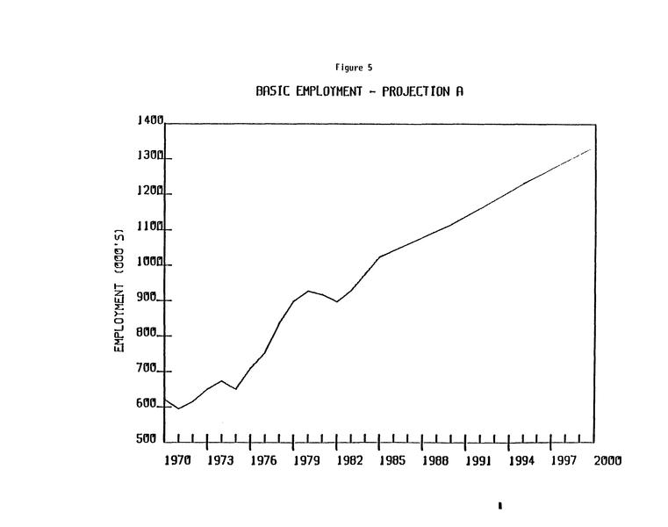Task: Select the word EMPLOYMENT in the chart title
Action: tap(329, 91)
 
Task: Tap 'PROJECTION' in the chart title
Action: tap(416, 91)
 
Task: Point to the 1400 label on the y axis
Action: tap(150, 121)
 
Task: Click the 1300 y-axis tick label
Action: tap(150, 156)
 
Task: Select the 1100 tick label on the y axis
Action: tap(150, 227)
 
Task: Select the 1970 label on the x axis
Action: tap(179, 460)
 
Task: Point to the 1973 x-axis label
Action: tap(222, 460)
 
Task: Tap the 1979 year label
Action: tap(307, 460)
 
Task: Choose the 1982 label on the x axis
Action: tap(350, 460)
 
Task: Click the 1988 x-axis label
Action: tap(436, 460)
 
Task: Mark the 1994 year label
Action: tap(522, 460)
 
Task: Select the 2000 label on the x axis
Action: tap(607, 460)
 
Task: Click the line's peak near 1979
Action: tap(308, 291)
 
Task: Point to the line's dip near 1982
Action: tap(337, 302)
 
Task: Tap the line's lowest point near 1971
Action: tap(179, 408)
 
